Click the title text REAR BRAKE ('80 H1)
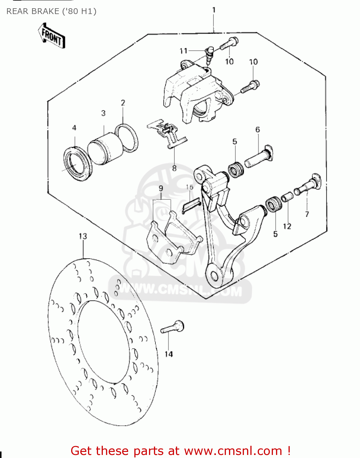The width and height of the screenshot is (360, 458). [x=51, y=11]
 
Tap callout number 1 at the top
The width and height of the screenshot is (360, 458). [x=214, y=10]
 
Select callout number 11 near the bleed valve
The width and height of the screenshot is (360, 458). [x=183, y=51]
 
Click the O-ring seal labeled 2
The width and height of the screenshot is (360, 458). [x=126, y=138]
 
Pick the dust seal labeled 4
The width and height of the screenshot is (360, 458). [x=77, y=162]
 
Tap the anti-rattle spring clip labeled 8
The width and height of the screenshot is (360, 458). [x=167, y=133]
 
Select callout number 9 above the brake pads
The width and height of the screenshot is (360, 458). [x=161, y=188]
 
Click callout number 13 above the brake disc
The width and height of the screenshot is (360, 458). [x=83, y=236]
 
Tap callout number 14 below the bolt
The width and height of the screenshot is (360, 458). [x=169, y=354]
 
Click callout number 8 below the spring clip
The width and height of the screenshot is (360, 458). [x=174, y=168]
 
